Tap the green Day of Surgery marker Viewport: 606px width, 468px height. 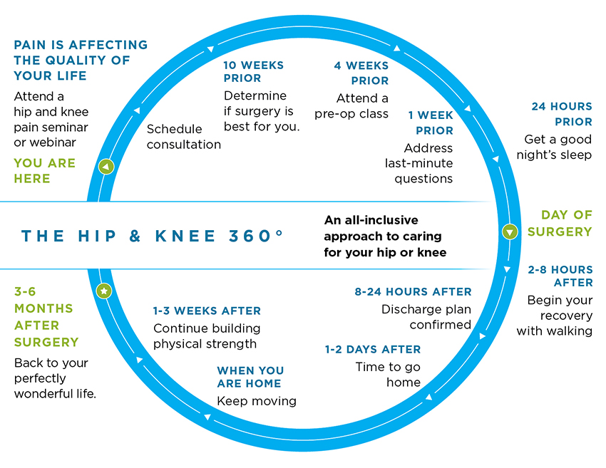click(509, 232)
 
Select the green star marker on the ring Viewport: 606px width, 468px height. click(104, 291)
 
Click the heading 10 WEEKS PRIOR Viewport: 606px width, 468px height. click(253, 72)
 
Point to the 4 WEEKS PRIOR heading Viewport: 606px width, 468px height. click(361, 73)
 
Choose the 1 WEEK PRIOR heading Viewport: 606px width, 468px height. click(431, 123)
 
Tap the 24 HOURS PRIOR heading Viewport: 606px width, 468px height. click(561, 114)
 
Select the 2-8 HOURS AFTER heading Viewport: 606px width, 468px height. click(560, 276)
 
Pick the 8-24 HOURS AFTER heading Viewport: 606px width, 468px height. click(413, 292)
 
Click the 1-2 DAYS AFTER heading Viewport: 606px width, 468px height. click(373, 350)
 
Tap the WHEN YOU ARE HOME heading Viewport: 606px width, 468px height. click(250, 378)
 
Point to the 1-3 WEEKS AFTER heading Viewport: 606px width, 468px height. click(207, 311)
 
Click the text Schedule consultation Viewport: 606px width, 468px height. click(183, 137)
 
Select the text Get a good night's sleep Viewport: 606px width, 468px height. click(554, 147)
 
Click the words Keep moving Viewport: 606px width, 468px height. click(257, 401)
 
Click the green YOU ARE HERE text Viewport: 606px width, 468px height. click(44, 171)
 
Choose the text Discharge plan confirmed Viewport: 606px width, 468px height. click(426, 317)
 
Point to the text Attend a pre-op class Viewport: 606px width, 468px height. click(352, 106)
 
